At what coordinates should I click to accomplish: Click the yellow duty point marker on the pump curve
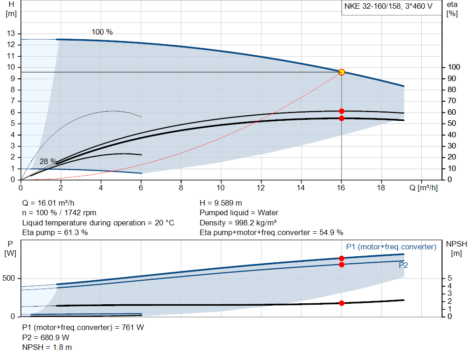pyautogui.click(x=342, y=72)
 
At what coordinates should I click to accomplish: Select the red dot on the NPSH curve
pyautogui.click(x=342, y=303)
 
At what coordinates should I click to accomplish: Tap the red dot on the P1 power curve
pyautogui.click(x=342, y=258)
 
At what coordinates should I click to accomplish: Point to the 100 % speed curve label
pyautogui.click(x=102, y=32)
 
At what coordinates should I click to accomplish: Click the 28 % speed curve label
pyautogui.click(x=48, y=161)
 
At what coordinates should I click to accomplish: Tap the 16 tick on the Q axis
pyautogui.click(x=341, y=188)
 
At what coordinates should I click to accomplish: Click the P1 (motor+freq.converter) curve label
pyautogui.click(x=391, y=247)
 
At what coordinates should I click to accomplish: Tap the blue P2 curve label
pyautogui.click(x=403, y=266)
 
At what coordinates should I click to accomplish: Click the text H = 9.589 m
pyautogui.click(x=221, y=203)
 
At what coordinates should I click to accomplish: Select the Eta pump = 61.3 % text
pyautogui.click(x=55, y=232)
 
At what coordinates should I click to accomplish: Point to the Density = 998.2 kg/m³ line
pyautogui.click(x=238, y=223)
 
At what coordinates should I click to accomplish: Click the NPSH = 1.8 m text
pyautogui.click(x=47, y=347)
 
